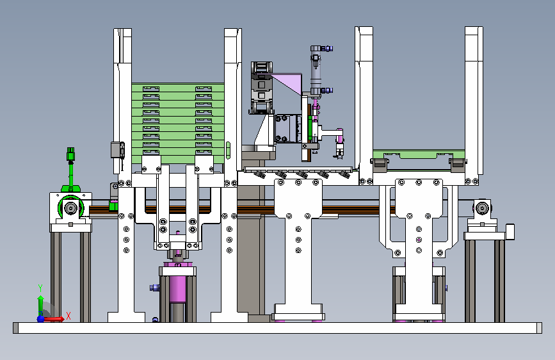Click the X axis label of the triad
click(68, 316)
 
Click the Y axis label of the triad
click(40, 288)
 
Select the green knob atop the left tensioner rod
click(71, 154)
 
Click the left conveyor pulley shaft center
click(71, 208)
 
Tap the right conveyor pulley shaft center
click(482, 208)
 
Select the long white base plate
click(278, 328)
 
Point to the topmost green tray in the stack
click(178, 88)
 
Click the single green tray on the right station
click(419, 154)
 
